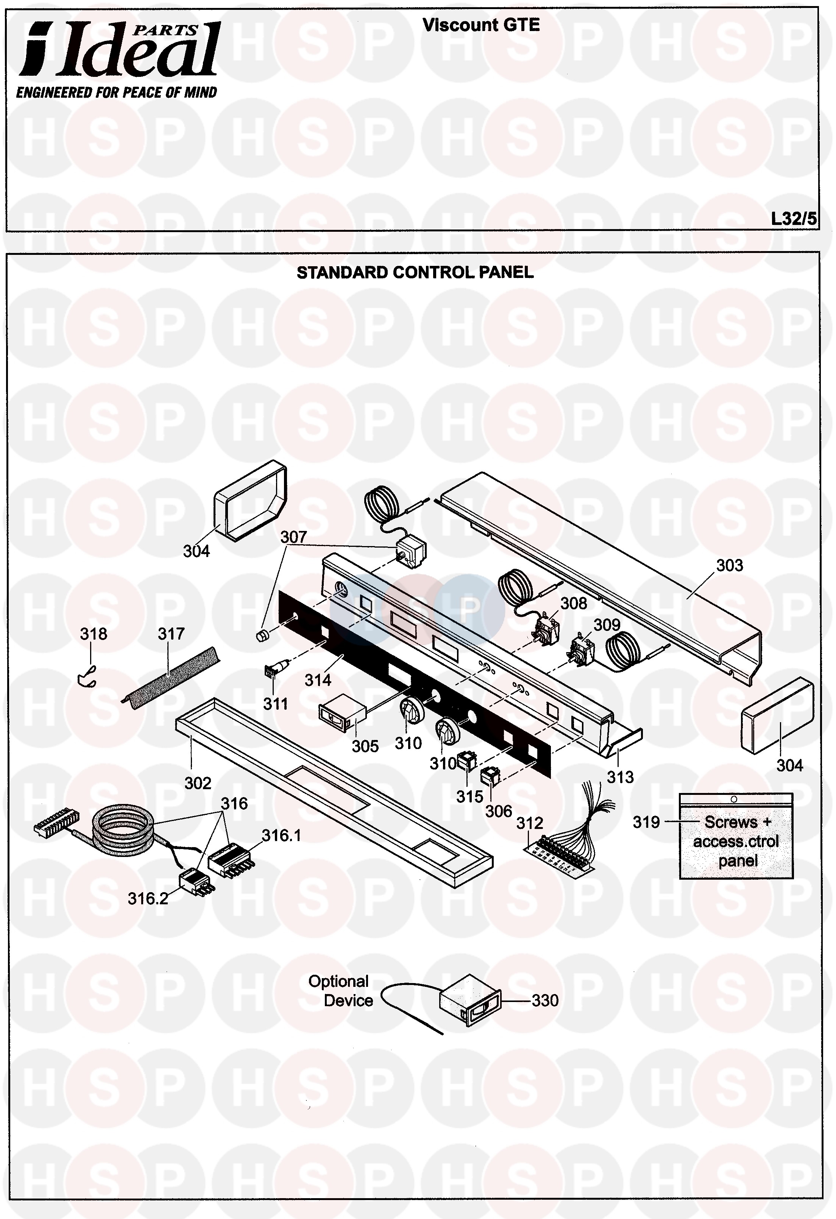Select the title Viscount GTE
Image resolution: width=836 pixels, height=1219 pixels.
click(x=481, y=25)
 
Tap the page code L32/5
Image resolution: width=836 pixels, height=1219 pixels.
click(x=793, y=218)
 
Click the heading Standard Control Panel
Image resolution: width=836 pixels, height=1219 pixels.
click(x=415, y=272)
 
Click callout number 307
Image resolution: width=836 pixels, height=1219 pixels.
click(x=293, y=537)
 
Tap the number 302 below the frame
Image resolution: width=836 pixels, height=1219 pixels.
click(x=198, y=783)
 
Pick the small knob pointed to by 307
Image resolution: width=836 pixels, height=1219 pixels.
click(x=261, y=636)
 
